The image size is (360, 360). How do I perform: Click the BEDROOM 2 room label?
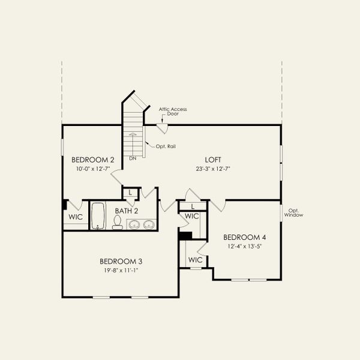coord(93,160)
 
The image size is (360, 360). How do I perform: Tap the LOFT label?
coord(213,160)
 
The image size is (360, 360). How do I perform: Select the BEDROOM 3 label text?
coord(121,261)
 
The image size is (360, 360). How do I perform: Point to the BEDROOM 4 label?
coord(245,237)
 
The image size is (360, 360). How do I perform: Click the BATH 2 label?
coord(127,211)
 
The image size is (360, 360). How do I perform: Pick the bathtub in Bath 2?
coord(98,216)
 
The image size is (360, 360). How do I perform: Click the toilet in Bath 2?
coord(118,222)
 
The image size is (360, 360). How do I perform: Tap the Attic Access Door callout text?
coord(173,112)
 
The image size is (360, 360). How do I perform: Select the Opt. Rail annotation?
coord(166,146)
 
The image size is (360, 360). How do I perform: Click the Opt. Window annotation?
coord(293,212)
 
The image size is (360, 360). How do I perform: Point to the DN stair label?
coord(133,158)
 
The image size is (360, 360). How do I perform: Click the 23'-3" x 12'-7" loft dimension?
coord(213,169)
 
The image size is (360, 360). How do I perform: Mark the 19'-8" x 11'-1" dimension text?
coord(121,271)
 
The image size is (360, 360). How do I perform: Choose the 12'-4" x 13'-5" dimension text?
coord(245,247)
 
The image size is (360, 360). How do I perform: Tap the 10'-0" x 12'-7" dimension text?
coord(93,169)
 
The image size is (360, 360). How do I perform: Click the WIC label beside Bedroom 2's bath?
coord(76,217)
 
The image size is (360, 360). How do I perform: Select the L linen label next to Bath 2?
coord(130,193)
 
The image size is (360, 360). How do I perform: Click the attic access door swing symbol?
coord(163,128)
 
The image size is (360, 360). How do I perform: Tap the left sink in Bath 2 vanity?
coord(134,224)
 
